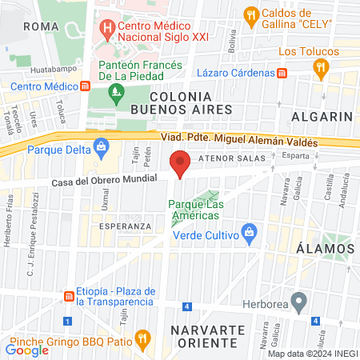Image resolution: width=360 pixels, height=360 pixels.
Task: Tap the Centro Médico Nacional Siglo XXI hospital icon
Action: click(x=106, y=32)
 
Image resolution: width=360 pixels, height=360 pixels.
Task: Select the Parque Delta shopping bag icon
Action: click(x=101, y=148)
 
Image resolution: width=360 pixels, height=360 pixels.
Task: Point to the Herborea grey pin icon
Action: click(x=300, y=303)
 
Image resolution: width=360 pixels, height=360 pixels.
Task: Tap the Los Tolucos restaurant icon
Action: click(x=322, y=69)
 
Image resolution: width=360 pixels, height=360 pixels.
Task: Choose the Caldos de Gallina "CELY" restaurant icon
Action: click(x=252, y=15)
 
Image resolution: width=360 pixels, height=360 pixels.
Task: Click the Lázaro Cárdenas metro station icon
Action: click(x=282, y=73)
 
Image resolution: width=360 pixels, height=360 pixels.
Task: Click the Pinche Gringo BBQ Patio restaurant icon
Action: click(x=142, y=338)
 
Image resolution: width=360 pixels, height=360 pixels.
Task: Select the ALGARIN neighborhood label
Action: click(x=322, y=116)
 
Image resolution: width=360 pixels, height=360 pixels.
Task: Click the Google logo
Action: click(x=27, y=349)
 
